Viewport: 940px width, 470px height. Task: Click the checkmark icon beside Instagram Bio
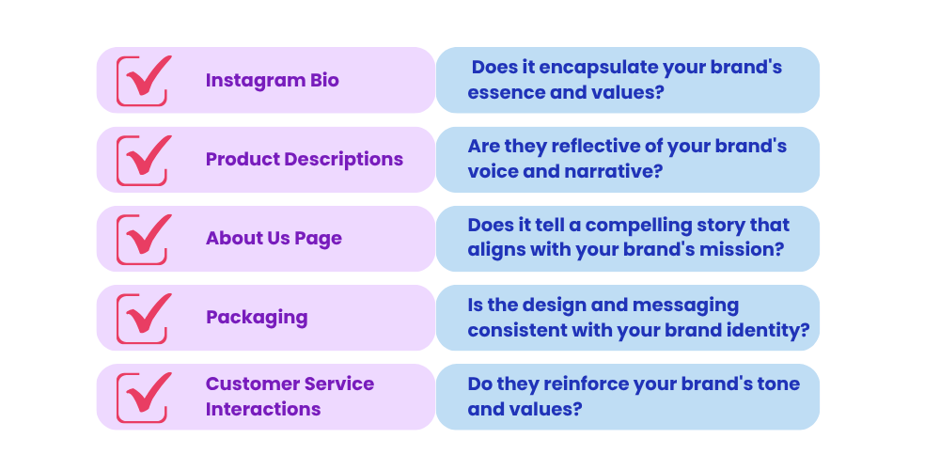coord(144,81)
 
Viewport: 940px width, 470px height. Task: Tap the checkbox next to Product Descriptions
coord(144,160)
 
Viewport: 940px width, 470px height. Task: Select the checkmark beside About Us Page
coord(144,239)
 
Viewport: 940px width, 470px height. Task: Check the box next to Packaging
coord(144,319)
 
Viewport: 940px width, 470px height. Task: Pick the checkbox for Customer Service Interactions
coord(144,398)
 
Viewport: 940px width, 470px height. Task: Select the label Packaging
coord(257,318)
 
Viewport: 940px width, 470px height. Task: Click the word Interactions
coord(263,409)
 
